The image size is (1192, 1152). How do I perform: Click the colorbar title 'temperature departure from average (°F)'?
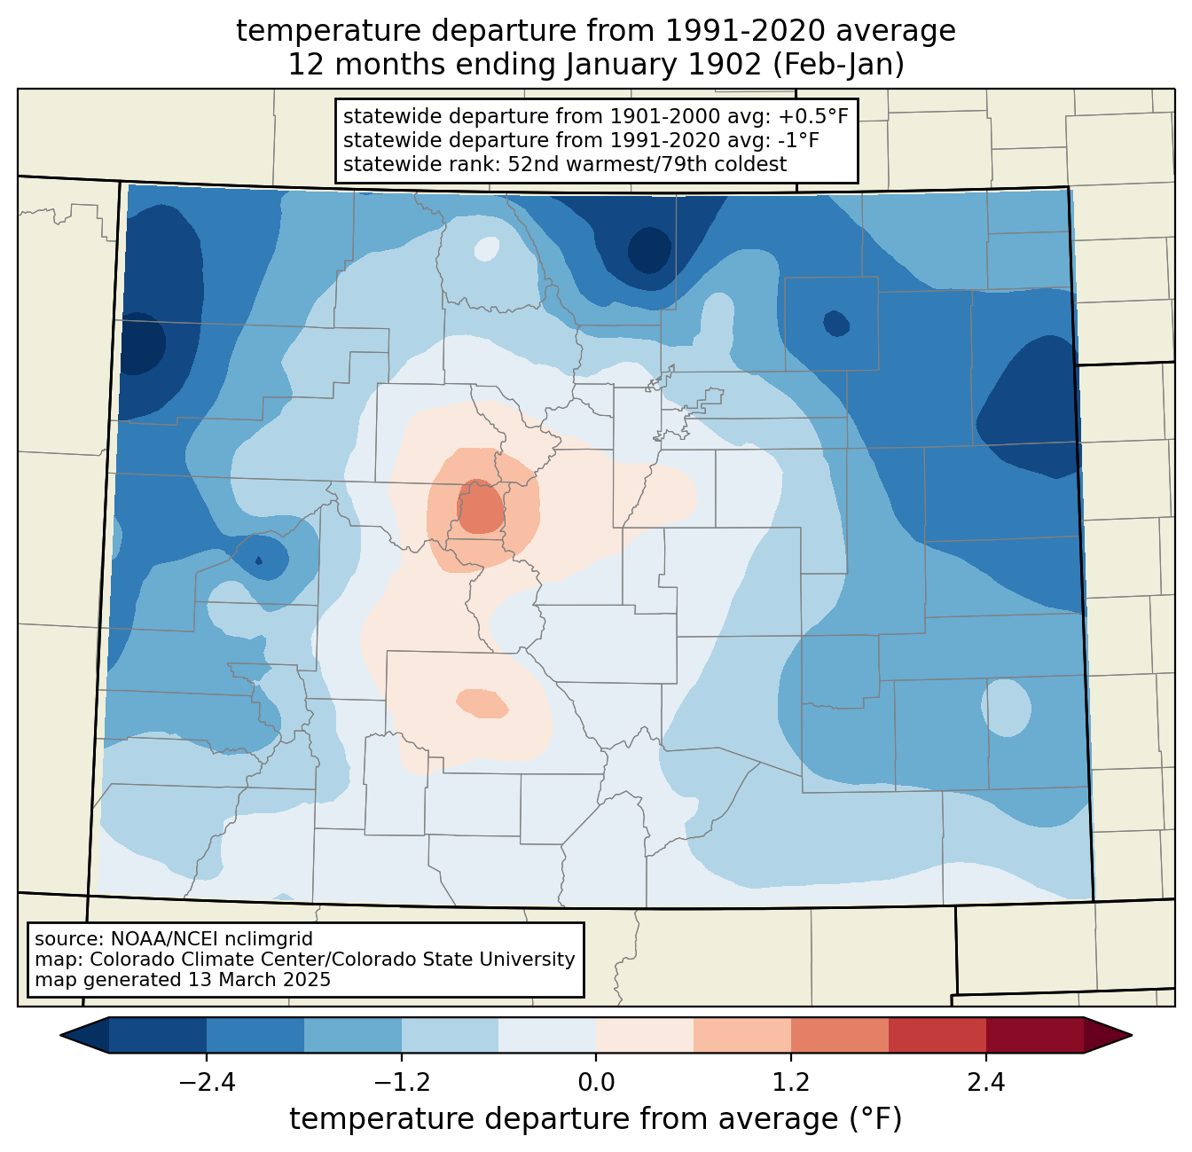595,1118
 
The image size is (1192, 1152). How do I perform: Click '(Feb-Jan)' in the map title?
838,65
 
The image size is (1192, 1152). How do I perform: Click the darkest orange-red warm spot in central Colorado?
482,506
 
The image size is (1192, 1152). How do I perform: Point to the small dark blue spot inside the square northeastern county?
836,323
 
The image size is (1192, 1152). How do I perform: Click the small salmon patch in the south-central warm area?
482,703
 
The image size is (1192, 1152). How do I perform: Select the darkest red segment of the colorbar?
1035,1035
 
